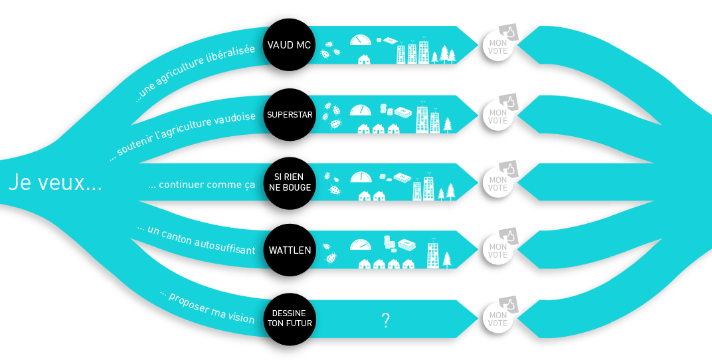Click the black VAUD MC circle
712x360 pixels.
(x=289, y=45)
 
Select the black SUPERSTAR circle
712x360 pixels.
(x=289, y=114)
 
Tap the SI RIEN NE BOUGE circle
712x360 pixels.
(x=289, y=182)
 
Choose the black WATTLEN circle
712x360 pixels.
(x=289, y=250)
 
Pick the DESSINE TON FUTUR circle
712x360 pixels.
(x=289, y=319)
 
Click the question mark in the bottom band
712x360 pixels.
(x=385, y=321)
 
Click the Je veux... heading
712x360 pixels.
(x=55, y=183)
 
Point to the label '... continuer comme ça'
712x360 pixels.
(x=201, y=185)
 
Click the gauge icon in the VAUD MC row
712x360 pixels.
(x=359, y=40)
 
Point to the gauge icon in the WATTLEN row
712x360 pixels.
(x=361, y=244)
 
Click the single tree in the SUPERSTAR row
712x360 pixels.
(x=448, y=125)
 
